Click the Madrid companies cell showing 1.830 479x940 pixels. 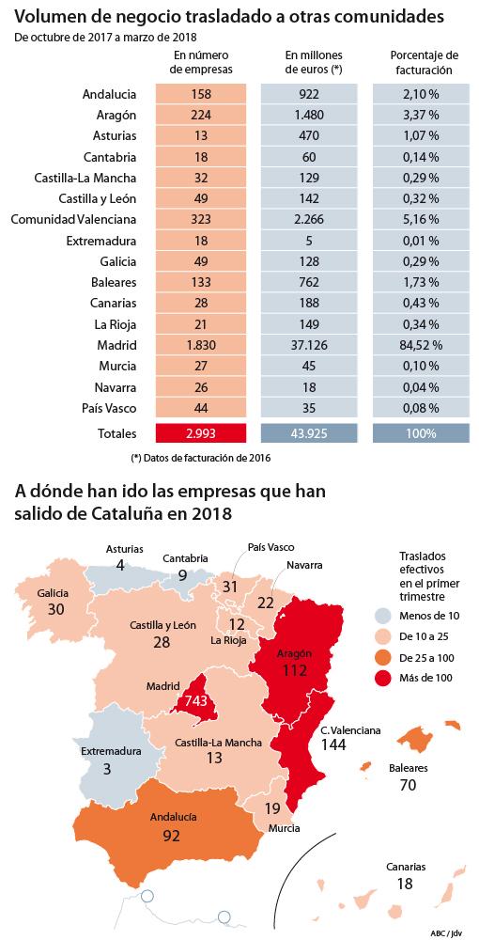(201, 345)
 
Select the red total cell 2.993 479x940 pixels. (201, 433)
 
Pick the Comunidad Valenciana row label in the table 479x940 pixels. (73, 219)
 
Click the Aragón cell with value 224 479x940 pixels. (201, 115)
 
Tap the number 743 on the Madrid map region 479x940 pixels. (194, 700)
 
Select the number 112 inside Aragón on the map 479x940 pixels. (295, 669)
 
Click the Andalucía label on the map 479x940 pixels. (173, 817)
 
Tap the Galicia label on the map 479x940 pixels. (53, 593)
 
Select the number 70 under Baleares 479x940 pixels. (408, 785)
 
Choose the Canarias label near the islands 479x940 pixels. (406, 868)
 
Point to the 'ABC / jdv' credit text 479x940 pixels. (447, 933)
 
